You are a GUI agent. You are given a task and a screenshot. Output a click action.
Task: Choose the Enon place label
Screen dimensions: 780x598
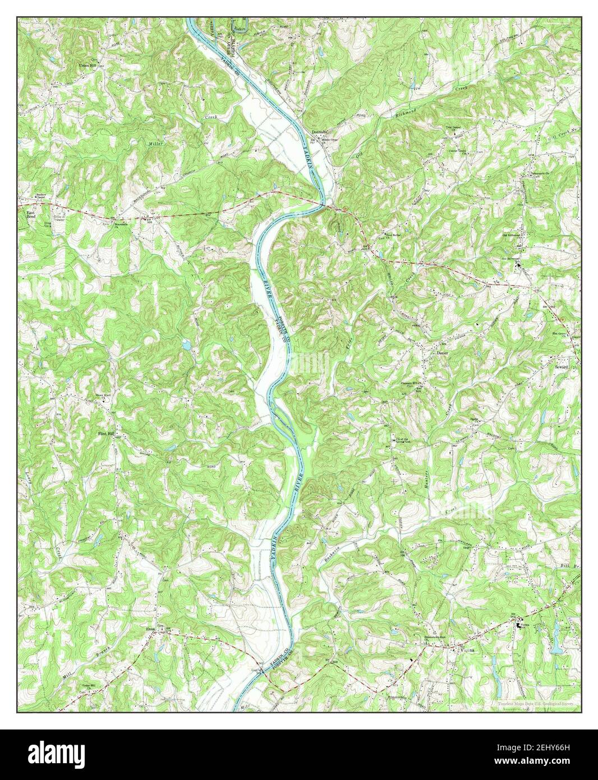150,630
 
